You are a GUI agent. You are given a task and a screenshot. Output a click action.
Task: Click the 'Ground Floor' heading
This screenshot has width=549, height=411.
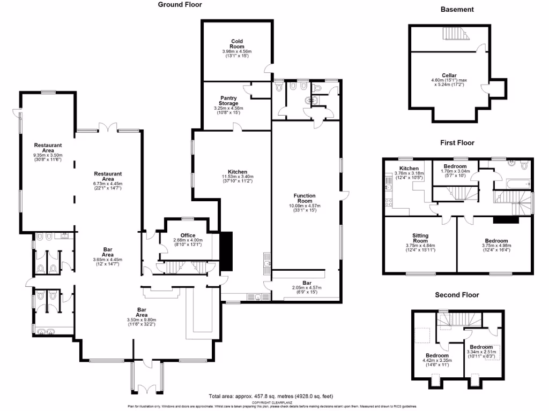coord(180,5)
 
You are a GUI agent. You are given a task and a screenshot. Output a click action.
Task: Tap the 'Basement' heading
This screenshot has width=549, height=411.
coord(457,10)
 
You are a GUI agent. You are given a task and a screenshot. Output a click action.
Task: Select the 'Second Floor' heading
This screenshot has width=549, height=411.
coord(457,295)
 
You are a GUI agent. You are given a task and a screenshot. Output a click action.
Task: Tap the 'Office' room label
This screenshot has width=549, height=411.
coord(188,235)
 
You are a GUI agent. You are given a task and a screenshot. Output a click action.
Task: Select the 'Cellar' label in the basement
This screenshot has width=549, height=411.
coord(449,75)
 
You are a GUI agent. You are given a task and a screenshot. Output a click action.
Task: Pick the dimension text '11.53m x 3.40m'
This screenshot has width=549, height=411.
coord(238,177)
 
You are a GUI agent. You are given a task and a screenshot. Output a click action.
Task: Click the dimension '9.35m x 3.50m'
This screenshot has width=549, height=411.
coord(48,155)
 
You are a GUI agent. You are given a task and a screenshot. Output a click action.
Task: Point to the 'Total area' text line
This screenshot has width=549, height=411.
coord(271,397)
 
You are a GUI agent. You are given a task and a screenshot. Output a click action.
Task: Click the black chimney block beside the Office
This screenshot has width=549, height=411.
coord(227,252)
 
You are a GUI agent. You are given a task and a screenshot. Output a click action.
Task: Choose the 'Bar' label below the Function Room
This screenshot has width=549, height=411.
coord(306,283)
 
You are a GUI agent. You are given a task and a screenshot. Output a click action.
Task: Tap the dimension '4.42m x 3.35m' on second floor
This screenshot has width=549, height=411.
coord(437,361)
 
